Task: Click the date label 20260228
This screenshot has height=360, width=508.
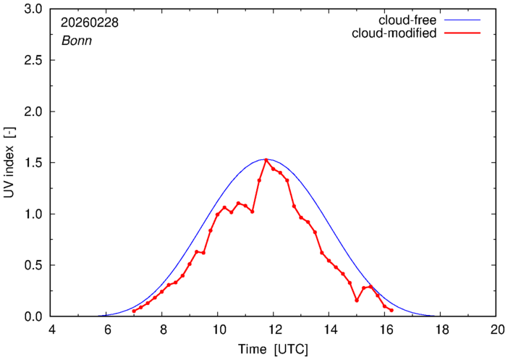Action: coord(90,22)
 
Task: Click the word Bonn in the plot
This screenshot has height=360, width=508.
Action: coord(75,41)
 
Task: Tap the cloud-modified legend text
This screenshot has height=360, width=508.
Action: coord(394,33)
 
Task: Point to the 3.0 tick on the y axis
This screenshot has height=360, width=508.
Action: coord(33,9)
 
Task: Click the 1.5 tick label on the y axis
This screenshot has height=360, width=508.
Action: coord(33,163)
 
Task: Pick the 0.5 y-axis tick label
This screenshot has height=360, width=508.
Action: coord(33,265)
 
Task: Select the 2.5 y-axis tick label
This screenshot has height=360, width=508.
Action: coord(33,61)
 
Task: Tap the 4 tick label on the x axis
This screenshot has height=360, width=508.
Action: coord(51,329)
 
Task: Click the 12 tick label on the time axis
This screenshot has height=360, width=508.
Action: coord(274,329)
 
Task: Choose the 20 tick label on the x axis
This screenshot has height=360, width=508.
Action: coord(496,329)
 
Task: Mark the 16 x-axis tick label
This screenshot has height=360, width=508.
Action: coord(384,329)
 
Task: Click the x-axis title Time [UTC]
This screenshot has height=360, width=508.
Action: coord(273,348)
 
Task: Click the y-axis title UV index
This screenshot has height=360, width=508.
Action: coord(9,163)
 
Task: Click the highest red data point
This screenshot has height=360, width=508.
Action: coord(266,160)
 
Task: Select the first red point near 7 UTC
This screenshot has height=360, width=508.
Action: coord(134,311)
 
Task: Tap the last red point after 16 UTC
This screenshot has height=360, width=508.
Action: coord(391,310)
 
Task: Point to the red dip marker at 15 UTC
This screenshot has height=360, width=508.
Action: coord(357,301)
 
